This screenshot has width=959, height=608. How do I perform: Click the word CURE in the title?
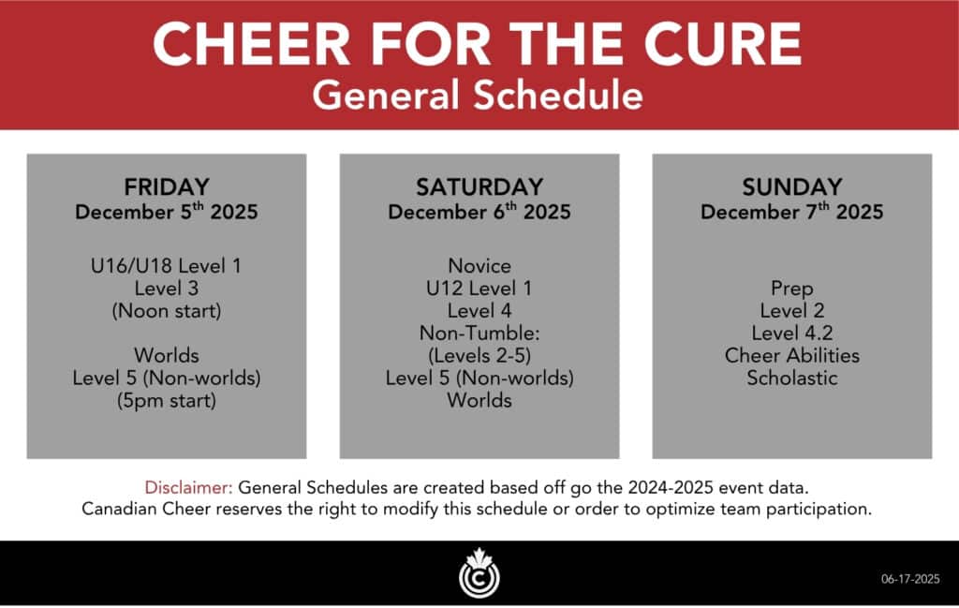click(723, 43)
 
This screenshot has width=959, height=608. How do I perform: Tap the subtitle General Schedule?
click(478, 96)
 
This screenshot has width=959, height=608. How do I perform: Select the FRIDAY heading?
click(167, 186)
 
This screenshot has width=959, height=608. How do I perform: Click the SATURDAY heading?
click(479, 186)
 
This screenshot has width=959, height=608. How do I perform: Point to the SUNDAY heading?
click(792, 186)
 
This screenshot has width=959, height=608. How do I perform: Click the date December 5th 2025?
click(167, 212)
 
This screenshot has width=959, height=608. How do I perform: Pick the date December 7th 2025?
click(792, 212)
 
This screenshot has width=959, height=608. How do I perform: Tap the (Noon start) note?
click(167, 311)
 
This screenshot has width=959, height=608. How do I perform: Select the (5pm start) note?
click(167, 401)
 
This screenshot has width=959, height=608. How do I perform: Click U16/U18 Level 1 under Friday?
click(167, 265)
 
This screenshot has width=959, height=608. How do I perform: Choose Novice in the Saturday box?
click(479, 265)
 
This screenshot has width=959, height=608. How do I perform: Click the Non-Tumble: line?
click(479, 333)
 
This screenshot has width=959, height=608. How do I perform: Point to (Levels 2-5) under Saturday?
click(479, 355)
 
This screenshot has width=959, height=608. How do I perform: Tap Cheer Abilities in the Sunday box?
click(792, 355)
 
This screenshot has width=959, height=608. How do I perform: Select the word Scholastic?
click(792, 378)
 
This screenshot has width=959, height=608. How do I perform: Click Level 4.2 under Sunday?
click(792, 333)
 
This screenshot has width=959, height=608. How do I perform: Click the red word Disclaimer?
click(188, 487)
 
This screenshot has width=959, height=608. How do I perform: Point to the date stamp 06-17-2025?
click(910, 579)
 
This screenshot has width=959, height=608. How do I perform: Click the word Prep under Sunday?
click(792, 289)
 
